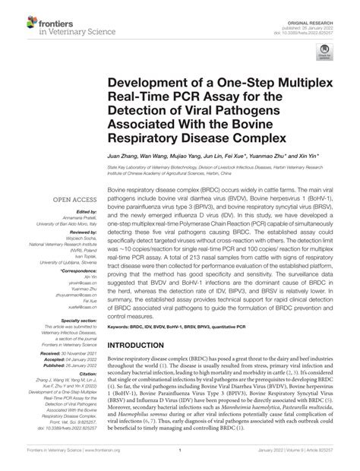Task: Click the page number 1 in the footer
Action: (x=180, y=460)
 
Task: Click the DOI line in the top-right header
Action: (x=320, y=22)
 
